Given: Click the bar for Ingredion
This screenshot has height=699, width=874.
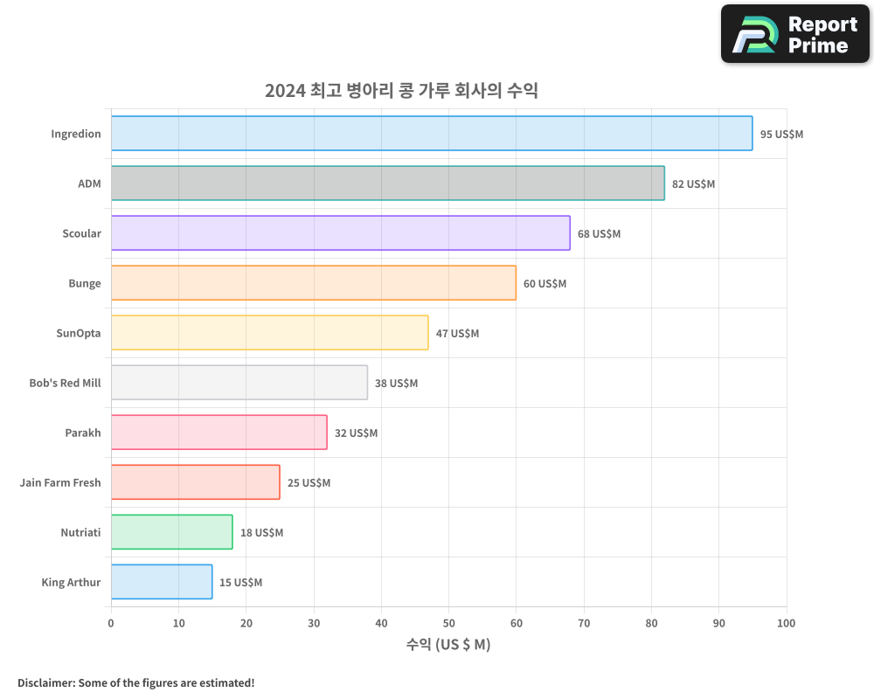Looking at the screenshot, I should tap(432, 134).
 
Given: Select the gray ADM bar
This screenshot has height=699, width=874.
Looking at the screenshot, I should tap(387, 183).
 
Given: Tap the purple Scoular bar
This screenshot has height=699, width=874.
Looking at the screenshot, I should tap(340, 233).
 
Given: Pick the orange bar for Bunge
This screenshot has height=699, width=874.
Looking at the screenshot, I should tap(313, 283).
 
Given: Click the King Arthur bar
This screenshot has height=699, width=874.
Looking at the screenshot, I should tap(162, 582).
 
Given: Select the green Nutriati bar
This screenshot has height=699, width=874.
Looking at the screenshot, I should tap(171, 532).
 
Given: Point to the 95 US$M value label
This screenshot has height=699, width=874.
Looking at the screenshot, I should tap(781, 135).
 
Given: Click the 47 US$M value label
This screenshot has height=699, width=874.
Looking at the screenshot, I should tap(457, 334).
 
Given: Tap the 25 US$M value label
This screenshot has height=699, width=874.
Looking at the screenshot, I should tap(309, 483).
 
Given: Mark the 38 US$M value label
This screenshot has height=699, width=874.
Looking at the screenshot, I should tap(396, 384).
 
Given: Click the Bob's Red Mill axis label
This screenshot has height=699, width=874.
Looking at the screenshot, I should tap(65, 384).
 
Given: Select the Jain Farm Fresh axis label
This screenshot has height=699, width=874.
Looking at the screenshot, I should tap(60, 483).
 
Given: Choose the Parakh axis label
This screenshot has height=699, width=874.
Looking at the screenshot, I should tap(83, 433).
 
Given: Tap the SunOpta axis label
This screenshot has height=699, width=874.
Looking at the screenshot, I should tap(79, 334).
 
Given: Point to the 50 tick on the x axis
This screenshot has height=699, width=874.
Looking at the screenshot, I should tap(448, 624).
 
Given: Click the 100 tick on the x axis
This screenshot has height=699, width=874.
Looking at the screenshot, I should tap(786, 624).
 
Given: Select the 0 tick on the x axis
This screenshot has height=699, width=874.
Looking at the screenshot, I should tap(111, 624).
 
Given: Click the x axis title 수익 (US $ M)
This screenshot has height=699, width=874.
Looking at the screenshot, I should tap(448, 646).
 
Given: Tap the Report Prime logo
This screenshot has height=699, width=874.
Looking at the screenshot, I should tap(794, 34).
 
